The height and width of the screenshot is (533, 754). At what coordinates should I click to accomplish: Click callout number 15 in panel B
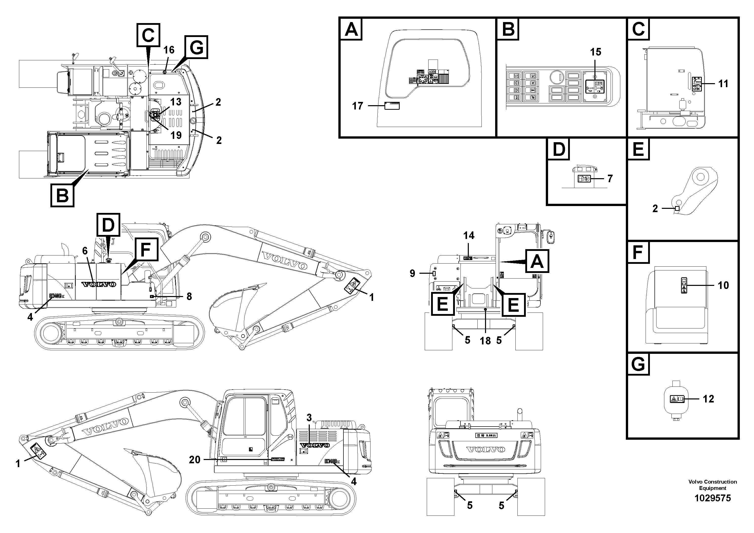click(595, 52)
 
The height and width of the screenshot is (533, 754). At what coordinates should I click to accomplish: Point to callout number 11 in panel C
click(723, 84)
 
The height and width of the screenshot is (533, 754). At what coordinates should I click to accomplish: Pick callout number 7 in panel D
click(610, 178)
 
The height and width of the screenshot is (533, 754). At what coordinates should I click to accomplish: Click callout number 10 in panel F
click(723, 285)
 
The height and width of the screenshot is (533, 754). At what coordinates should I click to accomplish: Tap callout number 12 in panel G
click(708, 399)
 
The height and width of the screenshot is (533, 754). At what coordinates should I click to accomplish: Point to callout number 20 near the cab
click(195, 460)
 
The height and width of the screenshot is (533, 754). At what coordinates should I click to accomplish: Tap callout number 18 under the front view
click(485, 340)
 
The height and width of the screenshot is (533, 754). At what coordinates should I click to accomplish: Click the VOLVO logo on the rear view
click(486, 449)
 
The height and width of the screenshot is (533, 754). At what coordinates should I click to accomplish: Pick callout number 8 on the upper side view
click(189, 296)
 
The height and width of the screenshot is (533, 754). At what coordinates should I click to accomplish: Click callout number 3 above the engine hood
click(309, 418)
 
